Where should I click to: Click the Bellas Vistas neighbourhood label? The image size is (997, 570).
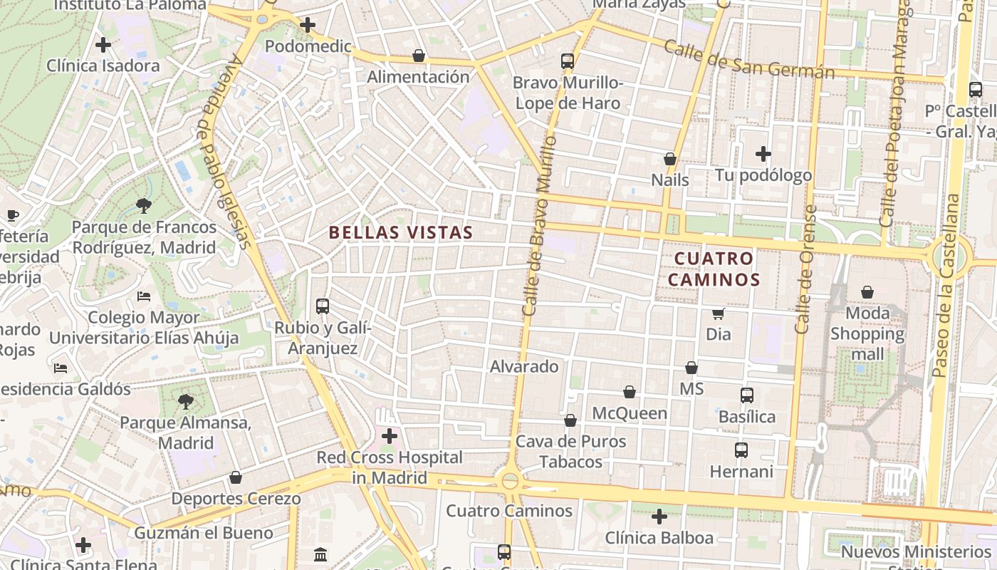click(401, 232)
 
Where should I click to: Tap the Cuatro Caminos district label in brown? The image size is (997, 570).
click(714, 269)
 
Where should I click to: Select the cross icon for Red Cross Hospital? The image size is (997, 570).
click(390, 435)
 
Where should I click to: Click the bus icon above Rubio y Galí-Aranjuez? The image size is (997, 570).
click(323, 306)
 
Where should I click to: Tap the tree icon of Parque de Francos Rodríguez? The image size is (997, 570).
click(144, 207)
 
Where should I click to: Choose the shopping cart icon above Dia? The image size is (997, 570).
click(719, 313)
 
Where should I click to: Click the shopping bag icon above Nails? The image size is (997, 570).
click(670, 159)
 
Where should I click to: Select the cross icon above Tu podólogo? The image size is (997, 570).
click(763, 153)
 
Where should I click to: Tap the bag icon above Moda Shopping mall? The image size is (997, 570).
click(867, 292)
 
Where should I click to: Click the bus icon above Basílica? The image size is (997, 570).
click(747, 395)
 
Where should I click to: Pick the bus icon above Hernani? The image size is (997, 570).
click(741, 450)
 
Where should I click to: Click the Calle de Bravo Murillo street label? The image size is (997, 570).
click(539, 225)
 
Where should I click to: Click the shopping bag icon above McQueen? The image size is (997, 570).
click(630, 392)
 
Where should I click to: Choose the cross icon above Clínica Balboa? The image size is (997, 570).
click(659, 516)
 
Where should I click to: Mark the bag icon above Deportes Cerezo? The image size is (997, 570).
click(236, 477)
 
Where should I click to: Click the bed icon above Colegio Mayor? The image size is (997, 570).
click(144, 296)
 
